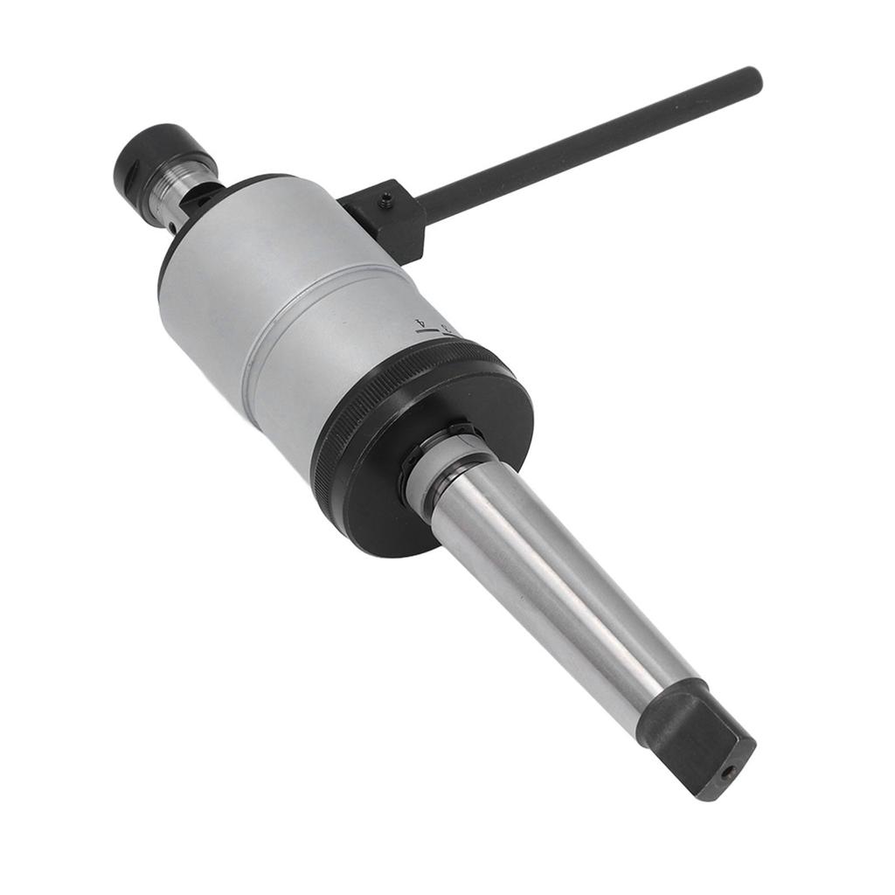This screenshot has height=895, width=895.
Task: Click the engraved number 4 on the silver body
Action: [424, 323]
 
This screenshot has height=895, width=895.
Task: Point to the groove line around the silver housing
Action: [262, 341]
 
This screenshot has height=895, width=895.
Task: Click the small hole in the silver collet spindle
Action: [173, 229]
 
